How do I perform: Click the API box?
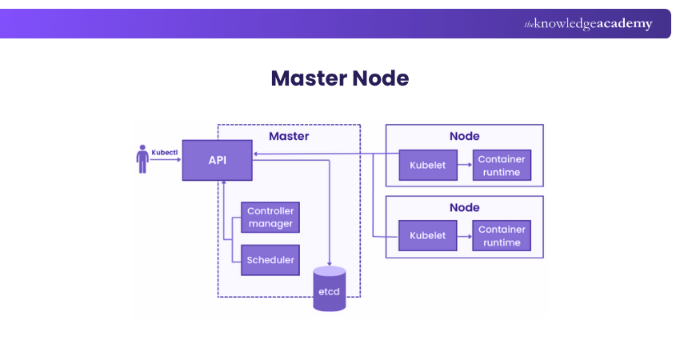(x=217, y=160)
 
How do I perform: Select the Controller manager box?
(x=270, y=218)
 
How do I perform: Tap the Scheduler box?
(x=270, y=260)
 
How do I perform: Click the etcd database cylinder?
(x=329, y=289)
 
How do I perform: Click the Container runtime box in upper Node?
(x=502, y=165)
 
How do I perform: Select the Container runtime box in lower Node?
(x=502, y=235)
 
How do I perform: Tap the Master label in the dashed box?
(x=289, y=137)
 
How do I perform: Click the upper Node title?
(x=464, y=137)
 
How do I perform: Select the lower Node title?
(x=464, y=207)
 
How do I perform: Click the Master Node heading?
(x=340, y=78)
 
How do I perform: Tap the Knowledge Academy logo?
(x=588, y=24)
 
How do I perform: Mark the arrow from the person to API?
(x=166, y=160)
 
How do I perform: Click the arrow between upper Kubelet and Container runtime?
(x=463, y=165)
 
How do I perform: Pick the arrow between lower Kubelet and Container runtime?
(x=463, y=235)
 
